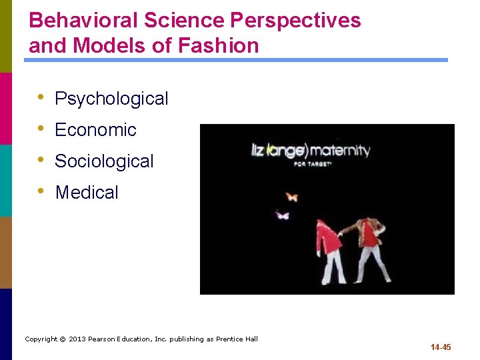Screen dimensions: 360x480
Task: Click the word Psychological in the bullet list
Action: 111,99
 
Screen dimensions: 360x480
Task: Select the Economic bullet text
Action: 95,130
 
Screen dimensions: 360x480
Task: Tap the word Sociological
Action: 104,161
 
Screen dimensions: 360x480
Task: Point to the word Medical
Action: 87,193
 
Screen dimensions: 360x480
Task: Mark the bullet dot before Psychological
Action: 42,98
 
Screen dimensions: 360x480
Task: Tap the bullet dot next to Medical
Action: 42,192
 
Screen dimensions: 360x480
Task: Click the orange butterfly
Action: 291,197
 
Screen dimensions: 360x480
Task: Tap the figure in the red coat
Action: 330,250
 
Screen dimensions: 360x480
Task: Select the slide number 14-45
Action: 441,347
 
